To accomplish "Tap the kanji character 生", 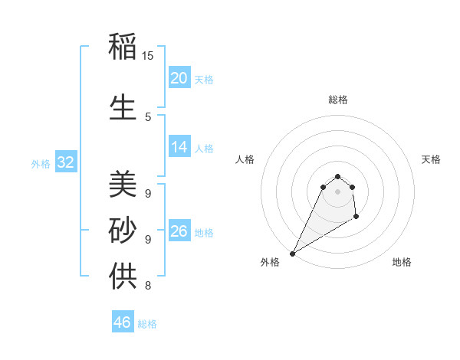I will tap(123, 107).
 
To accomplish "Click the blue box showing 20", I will tap(179, 78).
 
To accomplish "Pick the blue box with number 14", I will tap(179, 147).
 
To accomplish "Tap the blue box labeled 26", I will tap(179, 231).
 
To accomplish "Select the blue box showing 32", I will tap(66, 162).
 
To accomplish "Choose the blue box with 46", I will tap(123, 322).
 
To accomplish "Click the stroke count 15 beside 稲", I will tap(148, 55).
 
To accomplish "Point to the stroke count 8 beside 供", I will tap(147, 286).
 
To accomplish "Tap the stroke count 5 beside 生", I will tap(148, 116).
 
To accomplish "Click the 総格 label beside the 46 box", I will tap(147, 324).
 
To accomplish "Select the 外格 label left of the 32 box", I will tap(41, 163).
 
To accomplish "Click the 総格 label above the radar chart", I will tap(337, 100).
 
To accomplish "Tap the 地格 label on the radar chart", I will tap(402, 263).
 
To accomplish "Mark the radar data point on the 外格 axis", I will tap(292, 253).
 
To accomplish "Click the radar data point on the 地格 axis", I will tap(356, 218).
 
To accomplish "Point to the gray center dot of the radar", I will tap(337, 191).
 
